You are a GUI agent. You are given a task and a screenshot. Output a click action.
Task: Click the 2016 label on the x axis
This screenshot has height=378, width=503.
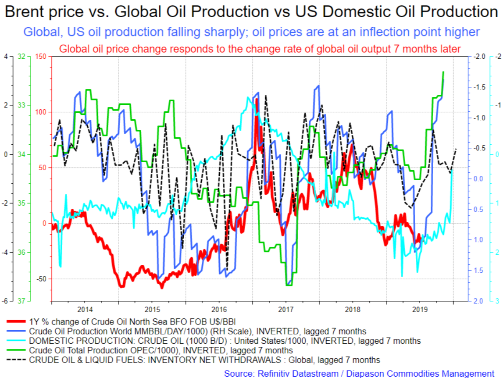coord(219,309)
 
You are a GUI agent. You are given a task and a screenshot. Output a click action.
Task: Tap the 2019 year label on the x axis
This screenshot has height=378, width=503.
coord(420,309)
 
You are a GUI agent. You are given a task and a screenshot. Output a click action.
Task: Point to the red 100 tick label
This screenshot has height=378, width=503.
coord(41,112)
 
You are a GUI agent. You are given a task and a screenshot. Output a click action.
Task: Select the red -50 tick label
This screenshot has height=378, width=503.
coord(41,279)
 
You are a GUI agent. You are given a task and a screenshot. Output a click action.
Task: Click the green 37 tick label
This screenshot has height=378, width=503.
coord(21,301)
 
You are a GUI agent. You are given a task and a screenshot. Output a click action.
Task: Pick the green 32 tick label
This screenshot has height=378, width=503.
coord(21,57)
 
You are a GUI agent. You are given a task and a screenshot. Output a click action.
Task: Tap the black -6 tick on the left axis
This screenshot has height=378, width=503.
coord(5,301)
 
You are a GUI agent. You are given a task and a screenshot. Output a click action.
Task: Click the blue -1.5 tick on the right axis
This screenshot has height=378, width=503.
coord(479,87)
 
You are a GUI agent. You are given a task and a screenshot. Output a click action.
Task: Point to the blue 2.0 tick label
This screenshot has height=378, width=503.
coord(478,301)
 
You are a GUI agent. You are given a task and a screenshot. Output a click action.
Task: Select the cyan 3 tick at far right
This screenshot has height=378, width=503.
coord(497,301)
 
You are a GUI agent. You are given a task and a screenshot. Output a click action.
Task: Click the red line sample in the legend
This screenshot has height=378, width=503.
coord(16,321)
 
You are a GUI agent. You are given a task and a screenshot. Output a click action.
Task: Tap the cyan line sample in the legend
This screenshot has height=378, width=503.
coord(16,340)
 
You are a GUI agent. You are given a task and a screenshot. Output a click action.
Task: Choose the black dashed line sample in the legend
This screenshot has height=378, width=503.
coord(16,360)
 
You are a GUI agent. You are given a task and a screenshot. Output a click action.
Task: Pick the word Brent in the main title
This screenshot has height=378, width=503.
coord(25,12)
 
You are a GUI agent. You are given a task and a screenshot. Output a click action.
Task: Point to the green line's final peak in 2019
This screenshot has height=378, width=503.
coord(443,72)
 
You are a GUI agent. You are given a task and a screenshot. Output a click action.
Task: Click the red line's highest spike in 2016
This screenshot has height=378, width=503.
coord(257,100)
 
